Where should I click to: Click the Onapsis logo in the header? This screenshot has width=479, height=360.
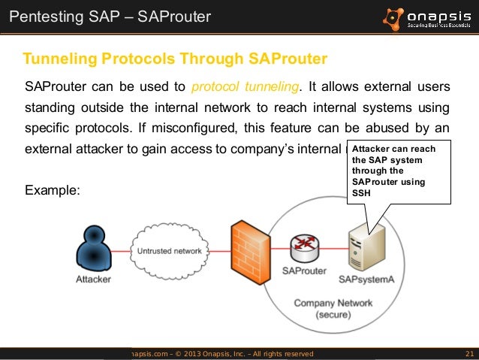[x=429, y=17]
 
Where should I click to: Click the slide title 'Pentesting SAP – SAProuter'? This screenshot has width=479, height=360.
[x=107, y=16]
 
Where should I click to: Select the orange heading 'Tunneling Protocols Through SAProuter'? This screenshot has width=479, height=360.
[x=175, y=59]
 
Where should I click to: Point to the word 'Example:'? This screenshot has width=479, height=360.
[x=53, y=191]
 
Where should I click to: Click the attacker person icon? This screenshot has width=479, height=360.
[x=92, y=247]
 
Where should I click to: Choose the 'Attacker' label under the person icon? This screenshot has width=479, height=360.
[x=93, y=280]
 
